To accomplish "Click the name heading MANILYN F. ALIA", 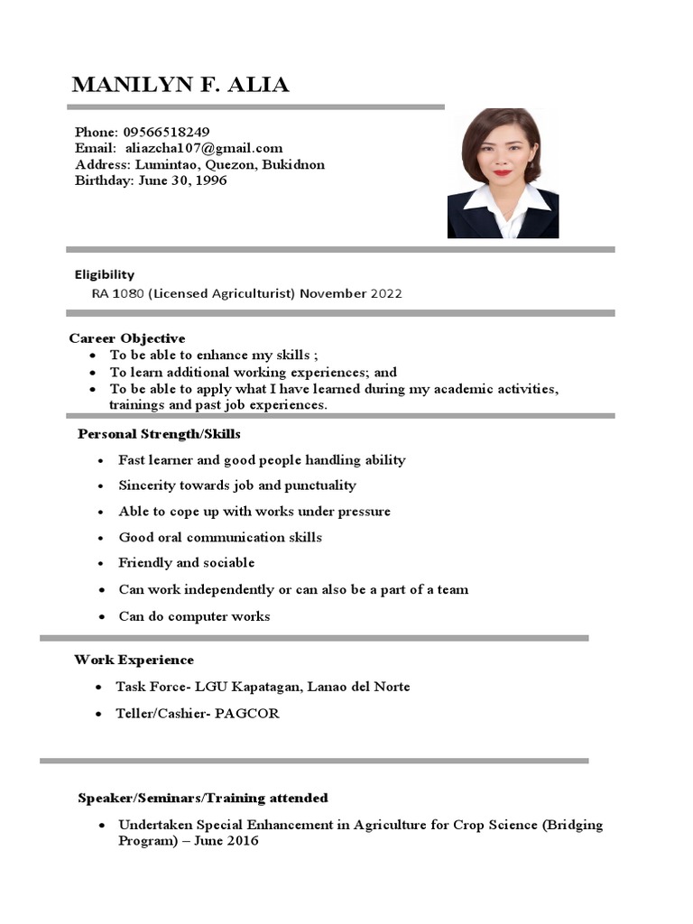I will [180, 86].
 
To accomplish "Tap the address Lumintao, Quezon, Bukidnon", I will [229, 165].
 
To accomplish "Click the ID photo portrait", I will [503, 173].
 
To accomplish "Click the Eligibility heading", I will [104, 274].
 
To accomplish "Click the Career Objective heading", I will [127, 338].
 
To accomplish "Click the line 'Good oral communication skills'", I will [220, 538].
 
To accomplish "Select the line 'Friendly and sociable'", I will [187, 563].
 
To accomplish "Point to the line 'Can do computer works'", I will [194, 617].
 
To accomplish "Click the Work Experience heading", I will [134, 660].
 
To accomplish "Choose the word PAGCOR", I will [247, 714].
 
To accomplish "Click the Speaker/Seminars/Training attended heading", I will [203, 798].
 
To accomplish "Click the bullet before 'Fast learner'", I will [101, 461].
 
